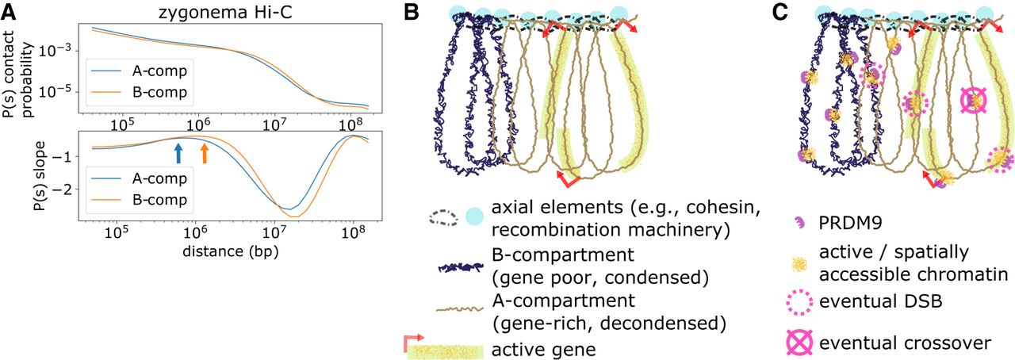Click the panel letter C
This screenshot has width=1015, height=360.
779,13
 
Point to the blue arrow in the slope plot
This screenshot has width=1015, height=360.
178,152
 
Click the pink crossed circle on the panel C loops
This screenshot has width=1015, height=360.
974,101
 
